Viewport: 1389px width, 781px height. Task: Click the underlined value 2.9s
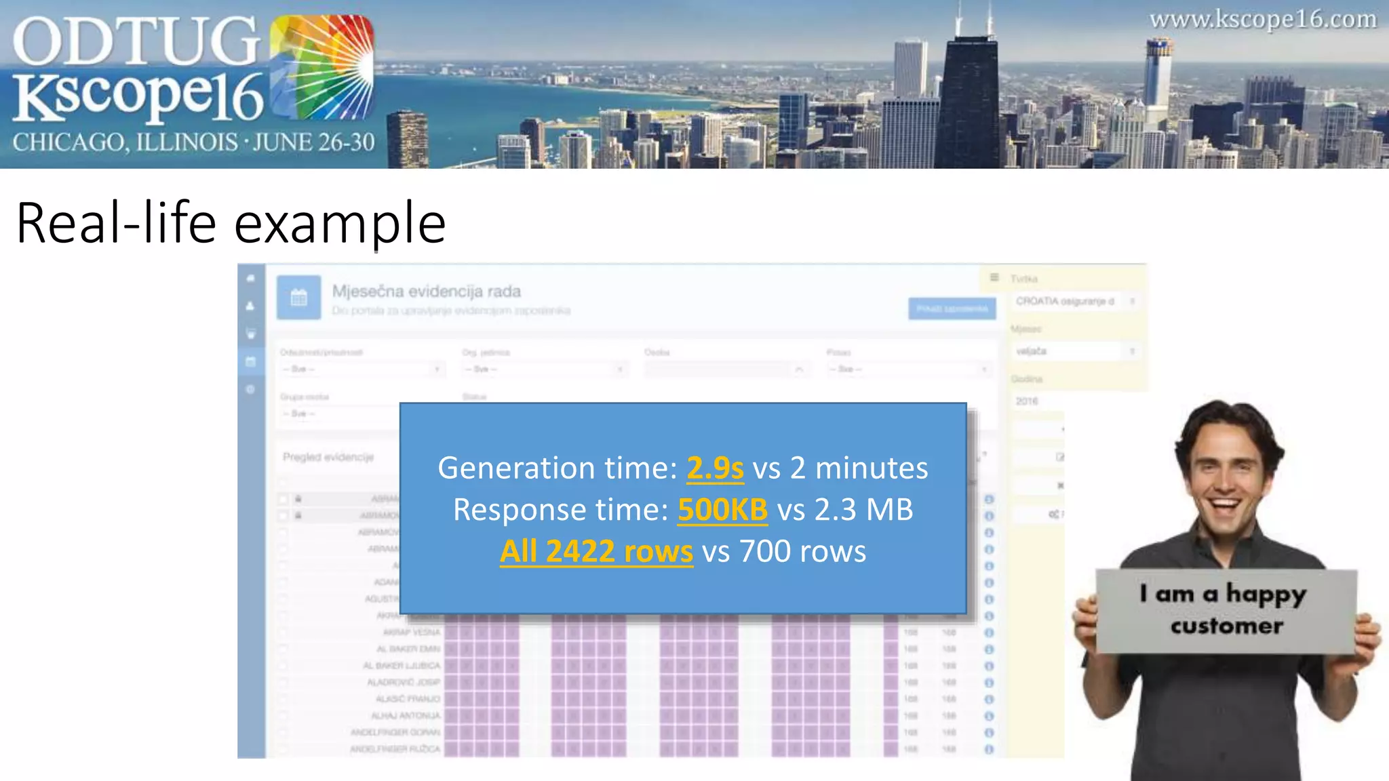pyautogui.click(x=715, y=468)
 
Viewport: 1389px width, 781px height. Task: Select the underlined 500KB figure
pyautogui.click(x=722, y=510)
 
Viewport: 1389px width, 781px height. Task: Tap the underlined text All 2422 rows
pyautogui.click(x=596, y=551)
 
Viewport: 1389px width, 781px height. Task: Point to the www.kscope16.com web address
pyautogui.click(x=1263, y=20)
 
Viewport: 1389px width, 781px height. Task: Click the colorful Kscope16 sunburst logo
pyautogui.click(x=322, y=68)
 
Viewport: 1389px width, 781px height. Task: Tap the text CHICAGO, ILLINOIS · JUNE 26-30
pyautogui.click(x=193, y=142)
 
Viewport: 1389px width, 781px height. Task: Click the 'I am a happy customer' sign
pyautogui.click(x=1226, y=610)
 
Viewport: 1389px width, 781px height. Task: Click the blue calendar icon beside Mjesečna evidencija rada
pyautogui.click(x=298, y=298)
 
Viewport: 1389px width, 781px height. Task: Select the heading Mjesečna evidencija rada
pyautogui.click(x=426, y=292)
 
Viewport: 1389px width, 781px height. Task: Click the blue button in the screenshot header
pyautogui.click(x=952, y=309)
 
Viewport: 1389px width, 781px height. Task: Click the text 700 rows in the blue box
pyautogui.click(x=802, y=551)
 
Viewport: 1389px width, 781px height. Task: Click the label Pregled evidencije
pyautogui.click(x=328, y=457)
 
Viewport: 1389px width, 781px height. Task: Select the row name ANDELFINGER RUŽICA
pyautogui.click(x=395, y=749)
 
